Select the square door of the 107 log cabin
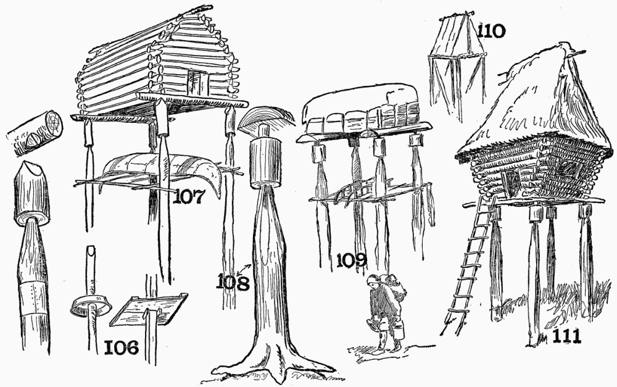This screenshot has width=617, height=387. click(x=197, y=82)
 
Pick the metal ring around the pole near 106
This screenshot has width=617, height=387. click(x=91, y=305)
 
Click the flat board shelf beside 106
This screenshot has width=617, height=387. click(x=149, y=309)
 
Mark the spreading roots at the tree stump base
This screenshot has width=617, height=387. click(x=271, y=364)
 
